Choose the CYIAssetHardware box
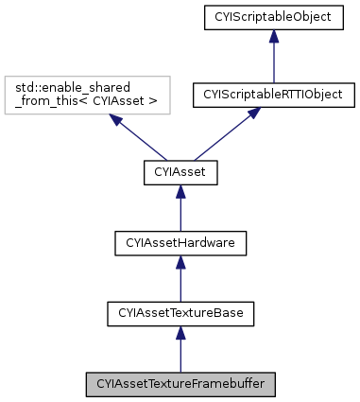pos(180,243)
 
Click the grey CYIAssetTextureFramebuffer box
pos(180,385)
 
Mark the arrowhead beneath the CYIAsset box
pos(180,190)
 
